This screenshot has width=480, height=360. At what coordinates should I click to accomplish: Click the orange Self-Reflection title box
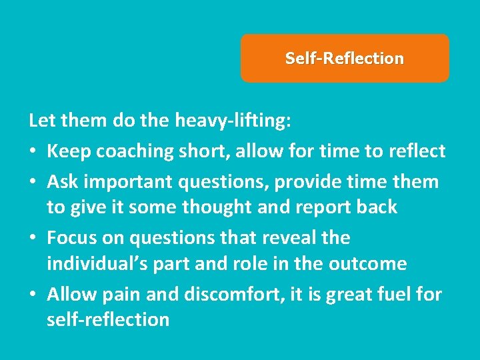345,59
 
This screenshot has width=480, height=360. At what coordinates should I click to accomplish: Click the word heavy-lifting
230,121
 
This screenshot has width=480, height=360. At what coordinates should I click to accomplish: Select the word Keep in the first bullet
69,151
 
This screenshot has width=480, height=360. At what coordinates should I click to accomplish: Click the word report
317,208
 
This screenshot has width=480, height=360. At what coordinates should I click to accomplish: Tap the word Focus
71,238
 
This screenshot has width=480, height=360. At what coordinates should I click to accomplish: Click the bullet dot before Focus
33,239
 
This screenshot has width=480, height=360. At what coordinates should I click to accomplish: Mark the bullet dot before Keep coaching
33,152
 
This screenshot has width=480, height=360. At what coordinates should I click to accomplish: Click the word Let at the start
41,121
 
